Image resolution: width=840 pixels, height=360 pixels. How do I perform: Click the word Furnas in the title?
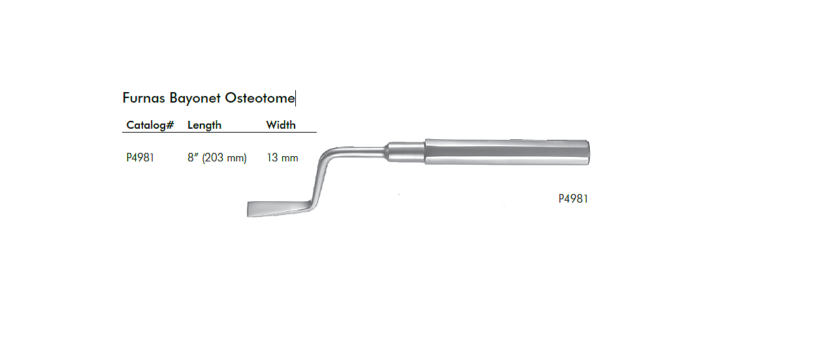(x=144, y=98)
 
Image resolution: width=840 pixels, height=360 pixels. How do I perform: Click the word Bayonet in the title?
(x=195, y=98)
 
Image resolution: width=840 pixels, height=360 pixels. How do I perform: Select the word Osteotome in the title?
(x=259, y=98)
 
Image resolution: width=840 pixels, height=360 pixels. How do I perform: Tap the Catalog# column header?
(x=150, y=125)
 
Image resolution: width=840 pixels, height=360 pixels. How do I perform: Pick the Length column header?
(x=204, y=125)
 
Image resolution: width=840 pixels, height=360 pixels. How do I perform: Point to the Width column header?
(x=281, y=125)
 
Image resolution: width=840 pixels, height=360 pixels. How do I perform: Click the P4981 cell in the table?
(x=140, y=157)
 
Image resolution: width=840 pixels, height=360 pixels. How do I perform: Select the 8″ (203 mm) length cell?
(x=217, y=157)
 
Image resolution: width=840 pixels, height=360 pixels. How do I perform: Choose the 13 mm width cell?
(x=282, y=157)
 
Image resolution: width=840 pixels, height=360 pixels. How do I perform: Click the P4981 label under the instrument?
(x=573, y=199)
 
